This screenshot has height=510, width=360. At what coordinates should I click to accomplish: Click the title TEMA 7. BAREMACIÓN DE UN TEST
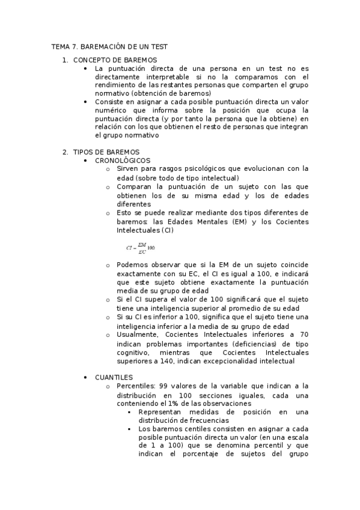click(109, 46)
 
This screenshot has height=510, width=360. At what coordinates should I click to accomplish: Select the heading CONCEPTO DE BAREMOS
click(115, 60)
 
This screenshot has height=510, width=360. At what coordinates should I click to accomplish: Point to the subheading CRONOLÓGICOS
click(123, 161)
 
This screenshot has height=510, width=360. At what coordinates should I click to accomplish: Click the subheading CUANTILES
click(114, 377)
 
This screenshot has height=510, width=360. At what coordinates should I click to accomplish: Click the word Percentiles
click(136, 386)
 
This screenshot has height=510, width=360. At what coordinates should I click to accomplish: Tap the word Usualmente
click(138, 334)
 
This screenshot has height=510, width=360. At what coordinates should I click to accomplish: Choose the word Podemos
click(133, 265)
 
